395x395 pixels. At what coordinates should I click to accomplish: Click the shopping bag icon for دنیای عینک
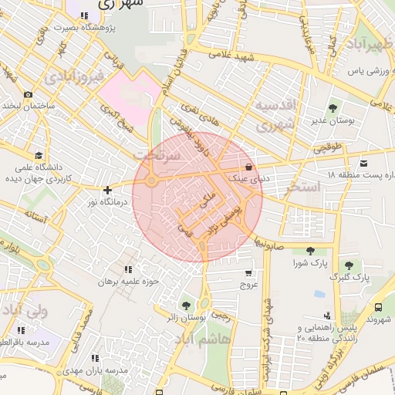(x=248, y=167)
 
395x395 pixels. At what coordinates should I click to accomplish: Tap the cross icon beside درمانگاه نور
(x=107, y=190)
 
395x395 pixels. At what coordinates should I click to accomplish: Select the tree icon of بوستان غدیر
(x=333, y=109)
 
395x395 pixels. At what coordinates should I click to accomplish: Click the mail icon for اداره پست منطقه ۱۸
(x=364, y=163)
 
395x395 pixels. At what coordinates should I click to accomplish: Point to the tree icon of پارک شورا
(x=309, y=251)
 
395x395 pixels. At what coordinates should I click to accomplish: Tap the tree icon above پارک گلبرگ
(x=349, y=265)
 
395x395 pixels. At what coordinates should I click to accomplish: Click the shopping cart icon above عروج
(x=248, y=272)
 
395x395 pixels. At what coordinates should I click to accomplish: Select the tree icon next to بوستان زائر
(x=184, y=306)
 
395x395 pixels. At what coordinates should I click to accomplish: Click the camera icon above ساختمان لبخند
(x=29, y=94)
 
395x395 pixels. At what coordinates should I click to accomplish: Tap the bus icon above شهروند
(x=378, y=306)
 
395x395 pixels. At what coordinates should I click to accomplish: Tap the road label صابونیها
(x=270, y=246)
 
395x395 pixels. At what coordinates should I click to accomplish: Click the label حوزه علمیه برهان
(x=128, y=282)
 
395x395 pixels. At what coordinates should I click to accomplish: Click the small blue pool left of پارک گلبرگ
(x=319, y=295)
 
